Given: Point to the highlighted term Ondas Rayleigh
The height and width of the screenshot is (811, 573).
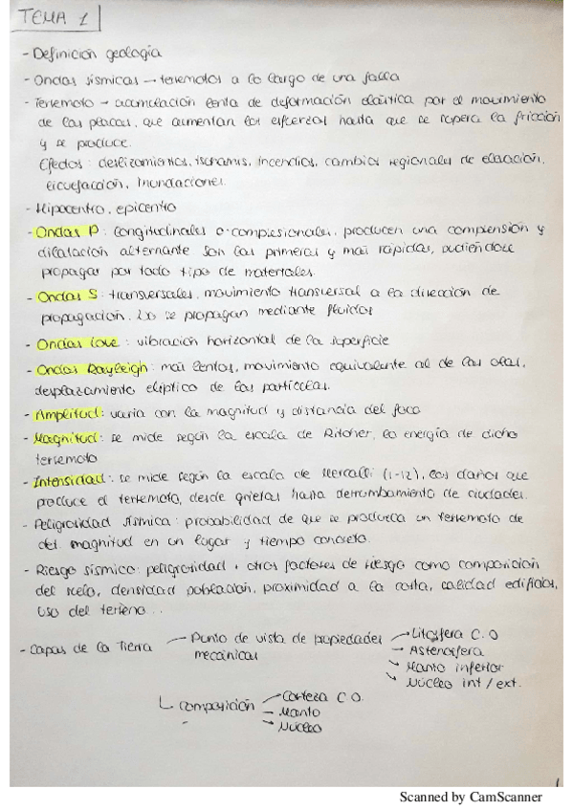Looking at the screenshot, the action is coord(84,367).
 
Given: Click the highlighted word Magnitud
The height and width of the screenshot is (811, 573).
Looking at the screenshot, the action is coord(68,438).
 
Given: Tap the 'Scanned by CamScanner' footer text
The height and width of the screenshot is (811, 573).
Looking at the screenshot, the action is coord(471,797).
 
